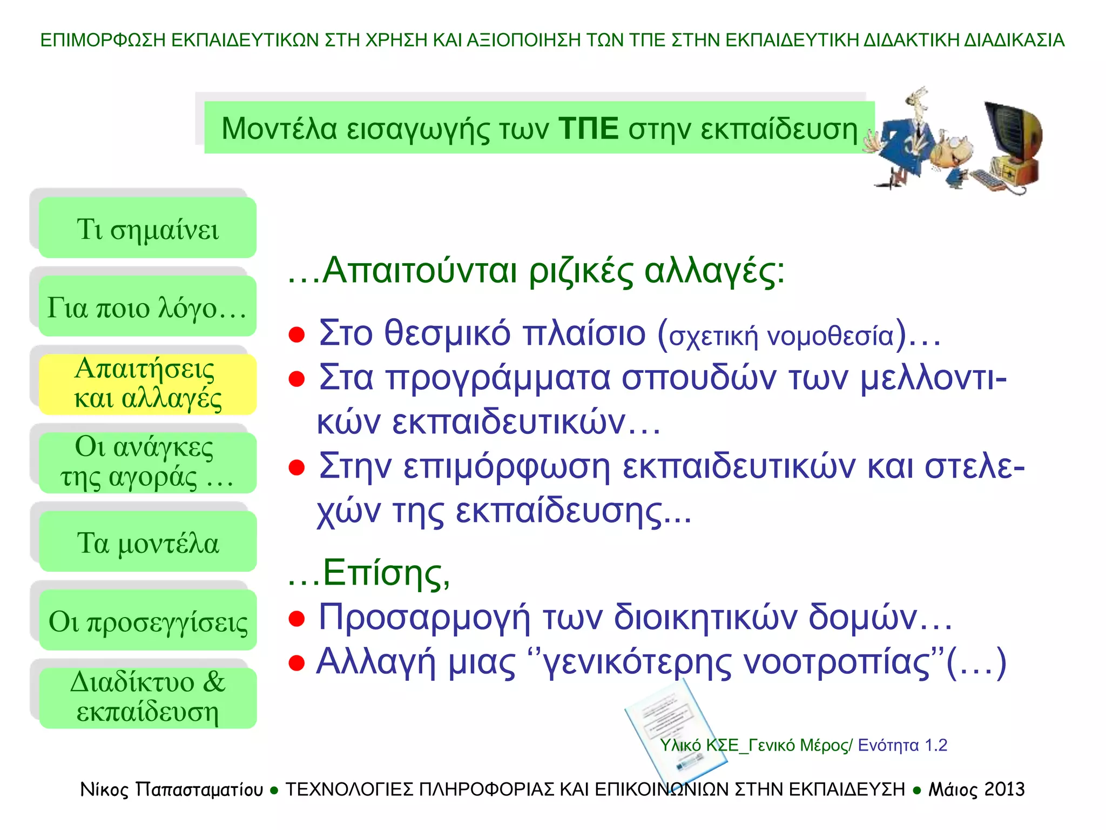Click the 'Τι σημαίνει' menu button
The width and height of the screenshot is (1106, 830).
click(147, 228)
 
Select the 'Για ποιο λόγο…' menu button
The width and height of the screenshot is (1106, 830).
click(147, 306)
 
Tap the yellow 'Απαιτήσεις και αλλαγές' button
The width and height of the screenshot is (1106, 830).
click(147, 384)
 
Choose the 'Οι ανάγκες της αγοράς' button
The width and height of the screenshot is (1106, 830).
click(147, 463)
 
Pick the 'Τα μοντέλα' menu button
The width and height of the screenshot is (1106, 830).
click(147, 541)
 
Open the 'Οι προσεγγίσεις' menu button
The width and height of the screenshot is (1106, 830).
click(147, 620)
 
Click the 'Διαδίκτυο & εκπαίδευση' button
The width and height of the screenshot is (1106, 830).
click(147, 698)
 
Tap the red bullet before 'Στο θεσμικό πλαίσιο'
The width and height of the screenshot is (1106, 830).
click(296, 334)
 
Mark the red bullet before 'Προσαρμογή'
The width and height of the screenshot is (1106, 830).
click(296, 618)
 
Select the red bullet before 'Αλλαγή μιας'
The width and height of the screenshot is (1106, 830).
click(296, 662)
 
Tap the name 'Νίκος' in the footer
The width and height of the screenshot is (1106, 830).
click(104, 789)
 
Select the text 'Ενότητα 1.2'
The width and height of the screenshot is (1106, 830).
click(902, 745)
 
